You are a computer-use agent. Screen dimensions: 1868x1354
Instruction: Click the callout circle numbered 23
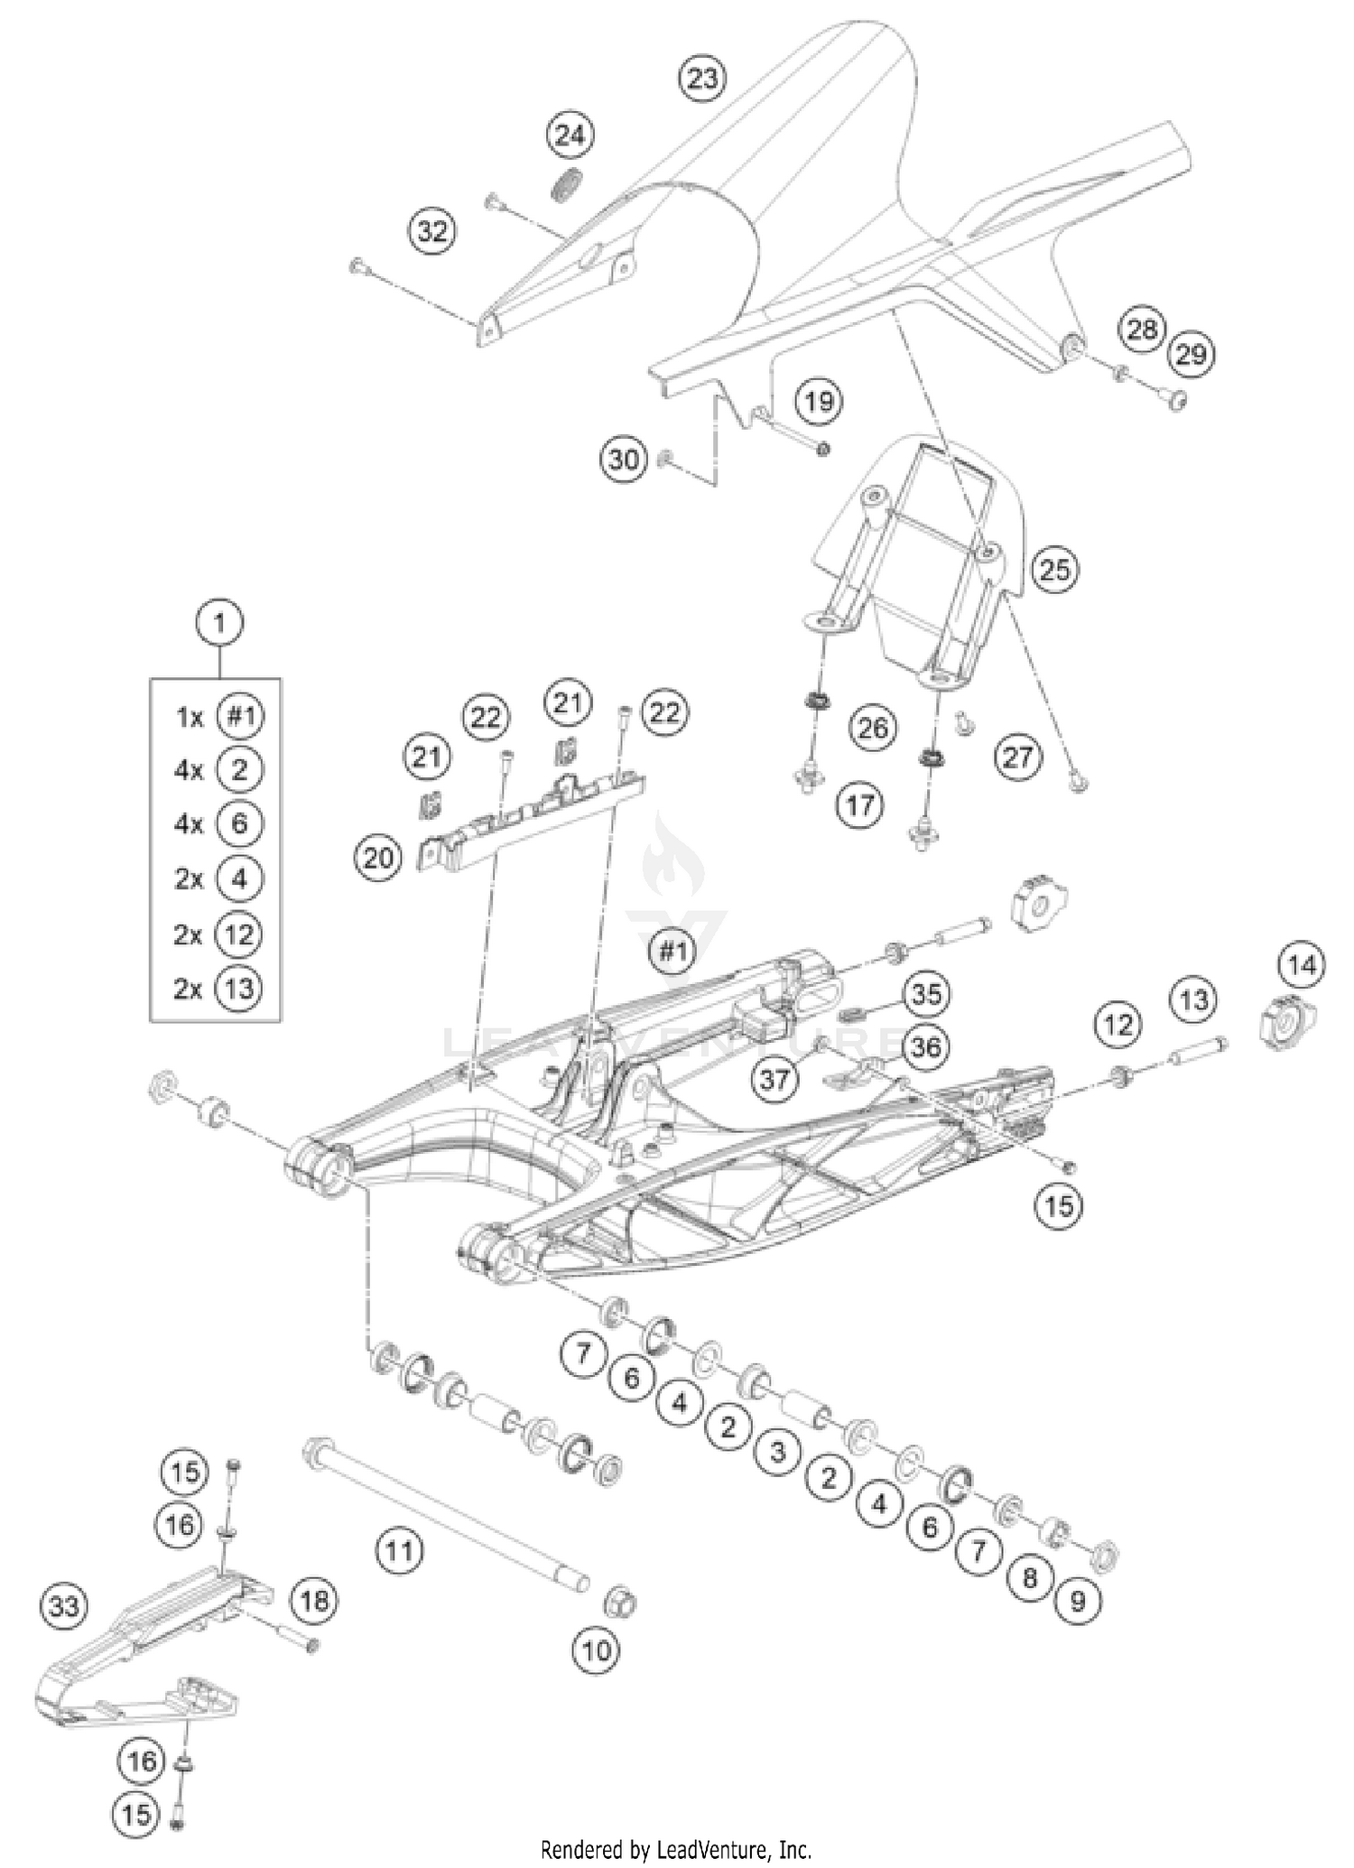(702, 79)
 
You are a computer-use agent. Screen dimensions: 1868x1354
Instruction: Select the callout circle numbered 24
(570, 136)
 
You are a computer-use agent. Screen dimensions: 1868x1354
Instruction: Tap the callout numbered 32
(432, 231)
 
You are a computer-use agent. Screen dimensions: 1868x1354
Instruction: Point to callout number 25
(1054, 570)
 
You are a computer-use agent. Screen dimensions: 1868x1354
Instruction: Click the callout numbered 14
(1302, 965)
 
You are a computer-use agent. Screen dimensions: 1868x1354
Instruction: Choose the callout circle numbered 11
(399, 1551)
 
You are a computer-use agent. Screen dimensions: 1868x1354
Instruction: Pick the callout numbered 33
(64, 1606)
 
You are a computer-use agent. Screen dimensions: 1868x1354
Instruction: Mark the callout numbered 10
(596, 1652)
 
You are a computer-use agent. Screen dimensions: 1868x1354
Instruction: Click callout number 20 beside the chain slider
(377, 857)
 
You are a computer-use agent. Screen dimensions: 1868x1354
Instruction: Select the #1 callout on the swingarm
(672, 951)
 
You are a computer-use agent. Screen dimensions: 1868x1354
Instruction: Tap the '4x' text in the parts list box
(189, 770)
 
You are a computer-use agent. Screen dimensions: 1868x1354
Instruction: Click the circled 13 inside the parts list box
(238, 989)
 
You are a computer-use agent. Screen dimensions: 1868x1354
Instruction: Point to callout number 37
(774, 1078)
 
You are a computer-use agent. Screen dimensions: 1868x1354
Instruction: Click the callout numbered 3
(778, 1452)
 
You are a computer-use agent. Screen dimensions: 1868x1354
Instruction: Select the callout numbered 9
(1077, 1601)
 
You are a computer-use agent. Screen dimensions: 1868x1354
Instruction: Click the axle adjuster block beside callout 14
(1284, 1026)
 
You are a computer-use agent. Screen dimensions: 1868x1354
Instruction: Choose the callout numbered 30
(624, 460)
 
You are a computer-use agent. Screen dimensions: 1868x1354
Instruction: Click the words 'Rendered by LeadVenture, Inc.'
(676, 1850)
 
